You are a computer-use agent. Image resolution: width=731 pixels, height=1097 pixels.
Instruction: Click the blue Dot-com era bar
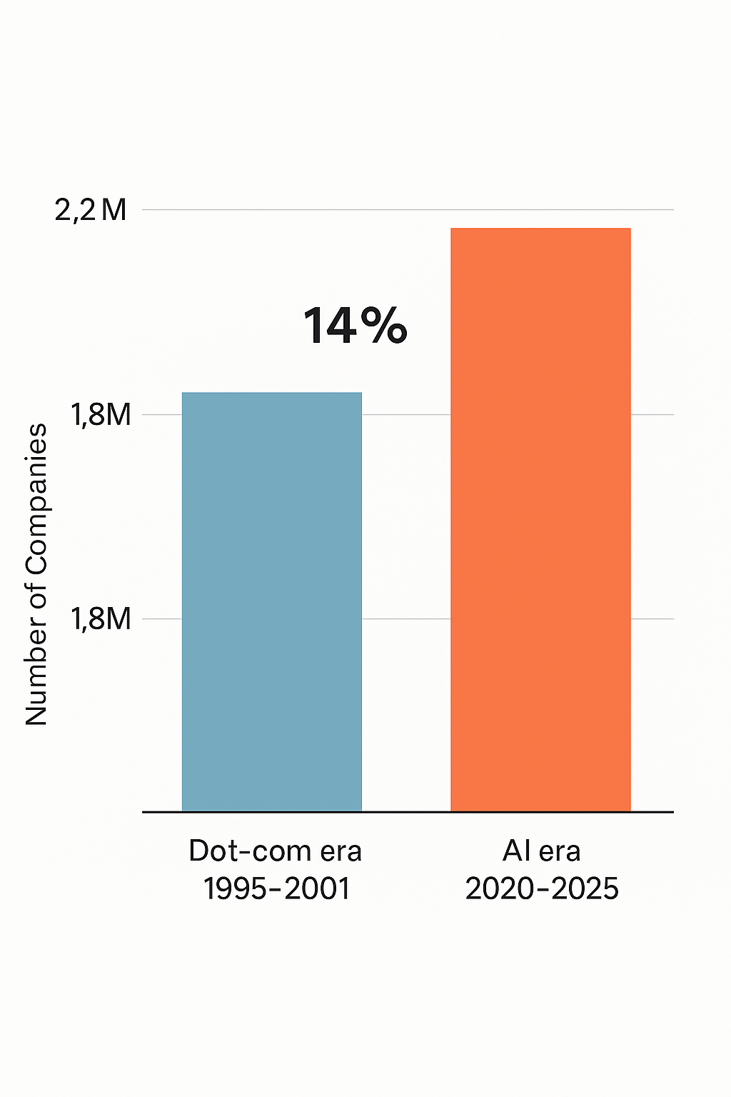272,601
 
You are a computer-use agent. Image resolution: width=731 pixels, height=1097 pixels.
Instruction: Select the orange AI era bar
540,519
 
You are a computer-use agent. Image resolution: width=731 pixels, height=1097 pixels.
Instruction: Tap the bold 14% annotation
355,326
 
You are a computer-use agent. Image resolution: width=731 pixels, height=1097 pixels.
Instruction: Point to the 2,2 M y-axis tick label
91,210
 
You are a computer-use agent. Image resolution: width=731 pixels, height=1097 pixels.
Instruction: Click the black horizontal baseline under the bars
408,812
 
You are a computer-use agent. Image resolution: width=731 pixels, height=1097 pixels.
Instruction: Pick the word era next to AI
560,851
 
